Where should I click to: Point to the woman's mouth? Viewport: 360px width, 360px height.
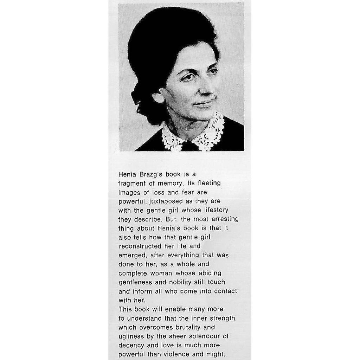click(204, 103)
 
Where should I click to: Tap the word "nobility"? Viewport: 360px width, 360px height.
click(179, 282)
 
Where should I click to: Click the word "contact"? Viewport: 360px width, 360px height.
click(225, 291)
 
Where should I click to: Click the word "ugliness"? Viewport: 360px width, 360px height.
click(130, 336)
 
